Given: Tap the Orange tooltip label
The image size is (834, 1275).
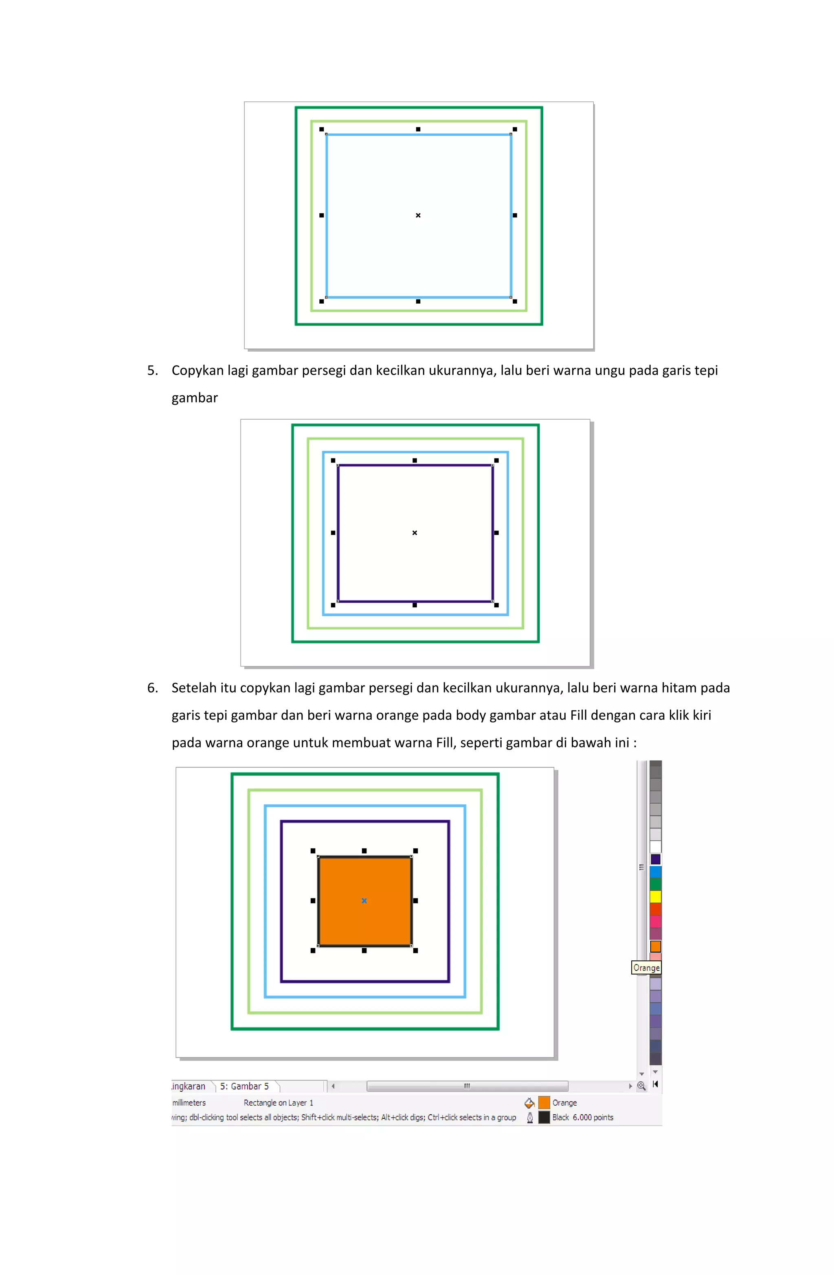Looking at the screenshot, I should pos(646,968).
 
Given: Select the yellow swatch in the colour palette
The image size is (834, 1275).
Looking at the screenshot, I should pos(655,896).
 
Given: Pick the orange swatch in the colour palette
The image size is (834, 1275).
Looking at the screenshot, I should pos(655,946).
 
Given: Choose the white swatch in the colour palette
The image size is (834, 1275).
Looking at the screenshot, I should pos(655,846).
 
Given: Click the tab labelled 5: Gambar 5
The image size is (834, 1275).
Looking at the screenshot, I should pos(244,1086).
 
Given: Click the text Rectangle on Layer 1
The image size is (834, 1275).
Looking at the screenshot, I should pos(278,1102).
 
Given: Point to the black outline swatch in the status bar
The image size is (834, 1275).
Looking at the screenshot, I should pos(544,1117).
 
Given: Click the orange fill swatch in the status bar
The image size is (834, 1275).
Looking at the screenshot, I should pos(544,1102).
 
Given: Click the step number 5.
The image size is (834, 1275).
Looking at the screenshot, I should pos(152,370).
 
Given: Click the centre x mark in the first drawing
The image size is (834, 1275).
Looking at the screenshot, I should pos(418,215).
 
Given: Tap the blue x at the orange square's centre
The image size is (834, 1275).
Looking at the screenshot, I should pos(364,900).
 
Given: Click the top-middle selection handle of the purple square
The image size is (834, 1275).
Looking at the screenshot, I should pos(414,460).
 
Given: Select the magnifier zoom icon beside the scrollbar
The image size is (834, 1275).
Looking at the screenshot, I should pos(641,1086).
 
